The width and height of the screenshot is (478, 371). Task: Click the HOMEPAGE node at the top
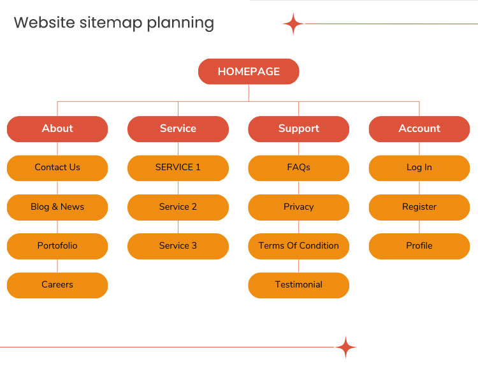tap(249, 71)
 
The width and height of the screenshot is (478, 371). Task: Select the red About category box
tap(57, 129)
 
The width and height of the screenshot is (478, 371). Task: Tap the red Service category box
tap(178, 129)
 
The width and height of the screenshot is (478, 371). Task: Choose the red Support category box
tap(298, 129)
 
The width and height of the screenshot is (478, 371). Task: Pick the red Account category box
tap(419, 129)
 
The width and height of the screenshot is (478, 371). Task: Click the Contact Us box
tap(57, 168)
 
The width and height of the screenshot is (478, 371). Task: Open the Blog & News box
tap(57, 207)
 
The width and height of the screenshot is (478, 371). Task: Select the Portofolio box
tap(57, 246)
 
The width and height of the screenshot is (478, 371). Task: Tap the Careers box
tap(57, 285)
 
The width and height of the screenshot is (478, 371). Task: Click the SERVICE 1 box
tap(178, 168)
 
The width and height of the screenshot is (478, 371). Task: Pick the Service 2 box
tap(178, 207)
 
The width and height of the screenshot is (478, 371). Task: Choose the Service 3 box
tap(178, 246)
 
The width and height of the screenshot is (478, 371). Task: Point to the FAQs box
tap(298, 168)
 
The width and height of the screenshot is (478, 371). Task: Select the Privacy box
tap(298, 207)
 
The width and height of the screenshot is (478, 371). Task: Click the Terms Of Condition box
tap(298, 246)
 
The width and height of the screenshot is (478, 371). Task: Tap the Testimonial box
tap(298, 285)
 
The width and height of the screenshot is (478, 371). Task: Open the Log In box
tap(419, 168)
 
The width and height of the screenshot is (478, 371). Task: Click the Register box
tap(419, 207)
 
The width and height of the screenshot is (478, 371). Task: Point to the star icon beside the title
tap(293, 24)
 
